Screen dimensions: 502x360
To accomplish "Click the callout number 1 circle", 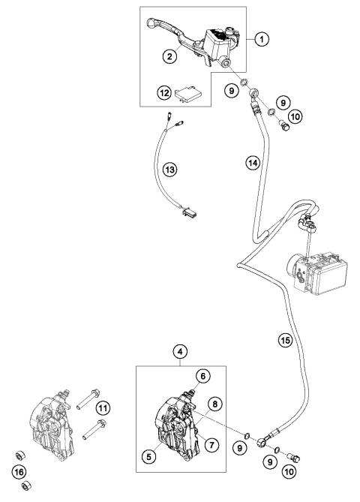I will coord(262,35).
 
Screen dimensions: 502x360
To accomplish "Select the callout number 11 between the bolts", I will coord(103,407).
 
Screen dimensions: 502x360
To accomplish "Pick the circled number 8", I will coord(216,404).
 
